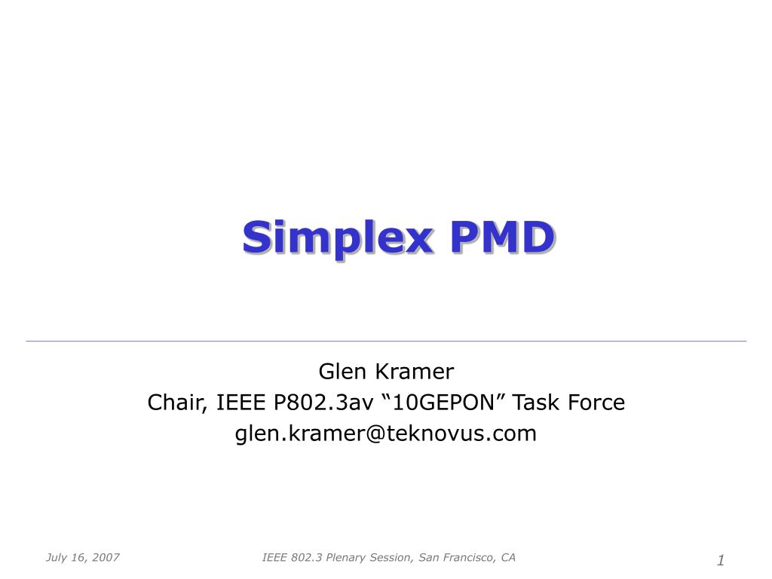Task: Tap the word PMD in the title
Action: (501, 237)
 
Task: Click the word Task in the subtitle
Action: (538, 403)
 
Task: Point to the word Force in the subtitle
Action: (597, 403)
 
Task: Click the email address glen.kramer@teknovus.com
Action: (386, 433)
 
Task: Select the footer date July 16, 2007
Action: (83, 558)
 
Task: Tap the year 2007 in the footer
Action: (107, 558)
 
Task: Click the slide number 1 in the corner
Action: (721, 559)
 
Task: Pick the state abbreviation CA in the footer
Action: (508, 558)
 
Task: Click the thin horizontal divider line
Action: (386, 342)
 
